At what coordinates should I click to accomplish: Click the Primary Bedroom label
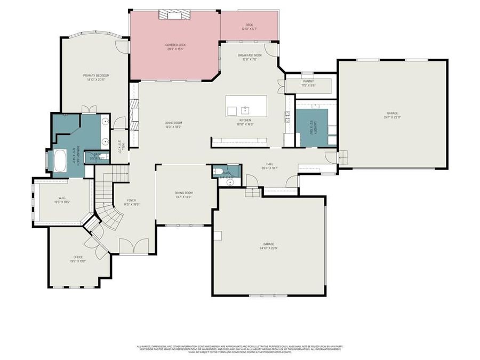(96, 76)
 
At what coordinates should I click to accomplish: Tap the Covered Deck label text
(174, 46)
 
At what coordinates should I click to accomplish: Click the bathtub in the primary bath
(59, 161)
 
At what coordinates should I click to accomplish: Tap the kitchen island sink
(245, 110)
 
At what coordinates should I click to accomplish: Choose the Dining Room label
(183, 193)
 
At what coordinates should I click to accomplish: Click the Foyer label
(131, 201)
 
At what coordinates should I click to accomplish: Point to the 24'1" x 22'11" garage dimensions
(392, 117)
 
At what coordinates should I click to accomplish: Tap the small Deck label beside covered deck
(249, 25)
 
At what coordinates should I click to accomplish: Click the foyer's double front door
(130, 246)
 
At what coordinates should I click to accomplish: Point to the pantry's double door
(281, 86)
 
